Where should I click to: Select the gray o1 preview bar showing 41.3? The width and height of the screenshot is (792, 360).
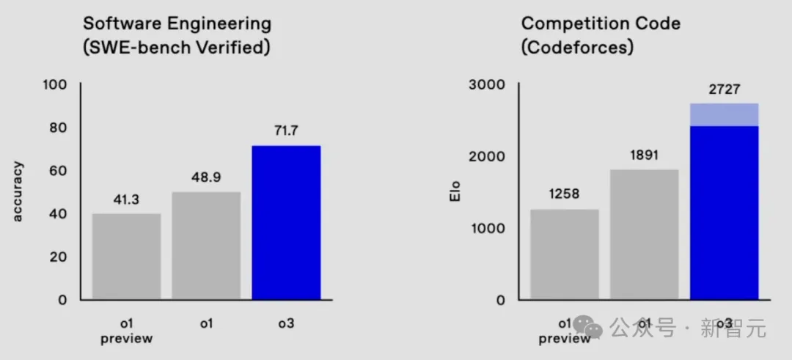pos(127,256)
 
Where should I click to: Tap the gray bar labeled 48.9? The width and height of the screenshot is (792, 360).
pos(206,245)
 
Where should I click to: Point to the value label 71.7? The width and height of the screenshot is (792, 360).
pos(286,131)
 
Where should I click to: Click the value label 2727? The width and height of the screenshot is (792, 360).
pos(724,89)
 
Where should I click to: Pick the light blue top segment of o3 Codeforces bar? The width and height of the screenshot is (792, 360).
pos(724,114)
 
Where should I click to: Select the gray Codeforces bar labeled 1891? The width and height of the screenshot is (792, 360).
pos(645,234)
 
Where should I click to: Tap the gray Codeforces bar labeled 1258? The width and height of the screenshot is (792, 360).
pos(565,254)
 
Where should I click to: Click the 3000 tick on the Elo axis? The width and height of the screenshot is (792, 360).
pos(487,84)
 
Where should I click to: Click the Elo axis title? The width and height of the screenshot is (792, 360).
pos(455,192)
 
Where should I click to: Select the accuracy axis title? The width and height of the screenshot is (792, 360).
pos(18,192)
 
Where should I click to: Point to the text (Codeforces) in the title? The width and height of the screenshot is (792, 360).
pos(577,49)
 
